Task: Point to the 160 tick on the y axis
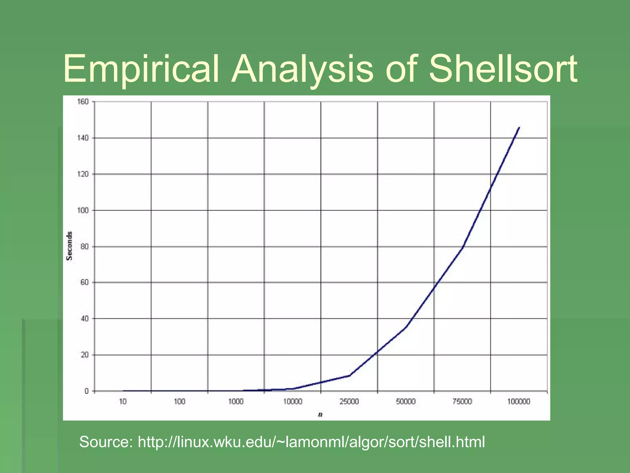83,102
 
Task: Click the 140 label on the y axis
83,138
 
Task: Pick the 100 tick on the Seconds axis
83,210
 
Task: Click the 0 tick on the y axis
86,391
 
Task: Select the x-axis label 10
123,402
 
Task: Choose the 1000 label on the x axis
236,402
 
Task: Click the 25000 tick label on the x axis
349,402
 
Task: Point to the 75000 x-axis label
462,402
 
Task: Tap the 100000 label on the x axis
519,402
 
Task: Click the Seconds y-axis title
70,246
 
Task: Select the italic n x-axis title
320,415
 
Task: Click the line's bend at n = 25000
349,375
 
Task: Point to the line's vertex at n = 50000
406,327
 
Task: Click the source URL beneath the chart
311,442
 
